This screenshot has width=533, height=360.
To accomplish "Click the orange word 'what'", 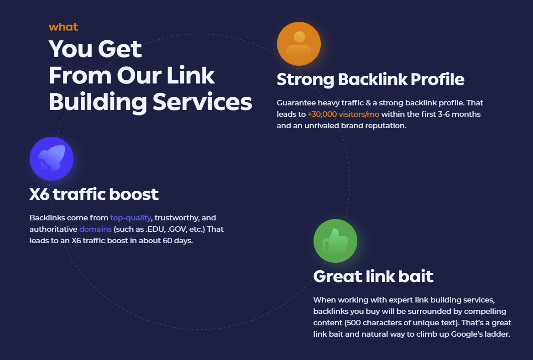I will click(x=63, y=27).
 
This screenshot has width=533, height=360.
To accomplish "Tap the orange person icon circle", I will click(x=299, y=44).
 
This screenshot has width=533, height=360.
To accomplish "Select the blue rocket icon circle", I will click(x=52, y=159).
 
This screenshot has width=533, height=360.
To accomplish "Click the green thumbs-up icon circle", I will click(x=335, y=241).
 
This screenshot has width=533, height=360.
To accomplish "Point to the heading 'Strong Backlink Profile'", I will click(x=370, y=79).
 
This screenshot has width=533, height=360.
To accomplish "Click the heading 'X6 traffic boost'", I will click(x=94, y=194).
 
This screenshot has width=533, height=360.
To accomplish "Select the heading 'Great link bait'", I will click(x=373, y=277).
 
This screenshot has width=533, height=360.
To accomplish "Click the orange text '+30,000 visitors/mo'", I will click(x=343, y=114).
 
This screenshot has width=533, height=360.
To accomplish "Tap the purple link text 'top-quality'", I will click(x=131, y=218).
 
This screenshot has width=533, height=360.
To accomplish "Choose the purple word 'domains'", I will click(x=95, y=229).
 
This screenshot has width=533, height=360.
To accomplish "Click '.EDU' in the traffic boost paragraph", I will click(x=155, y=229).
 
